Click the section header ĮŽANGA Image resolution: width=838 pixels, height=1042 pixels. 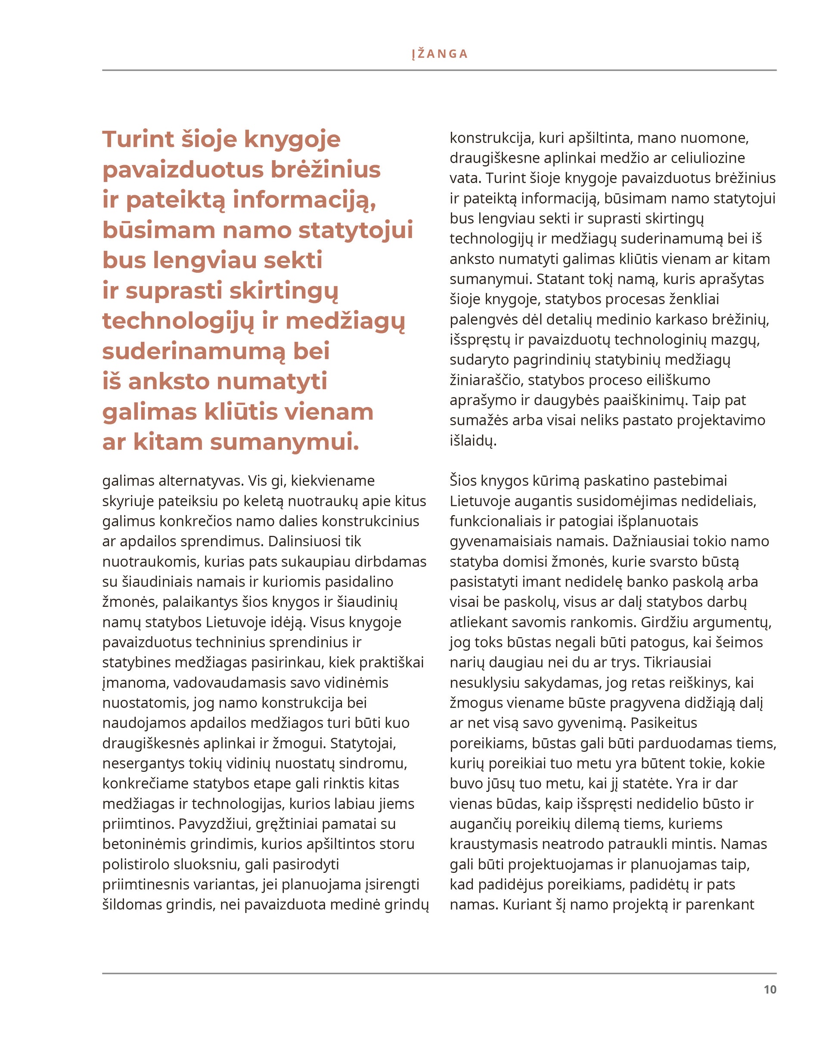[x=439, y=54]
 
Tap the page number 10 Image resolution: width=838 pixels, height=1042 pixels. [x=770, y=989]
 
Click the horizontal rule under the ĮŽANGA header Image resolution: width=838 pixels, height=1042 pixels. [x=439, y=70]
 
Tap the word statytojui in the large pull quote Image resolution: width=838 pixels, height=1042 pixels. [x=355, y=230]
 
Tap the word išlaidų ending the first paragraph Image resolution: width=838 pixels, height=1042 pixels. [x=472, y=441]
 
